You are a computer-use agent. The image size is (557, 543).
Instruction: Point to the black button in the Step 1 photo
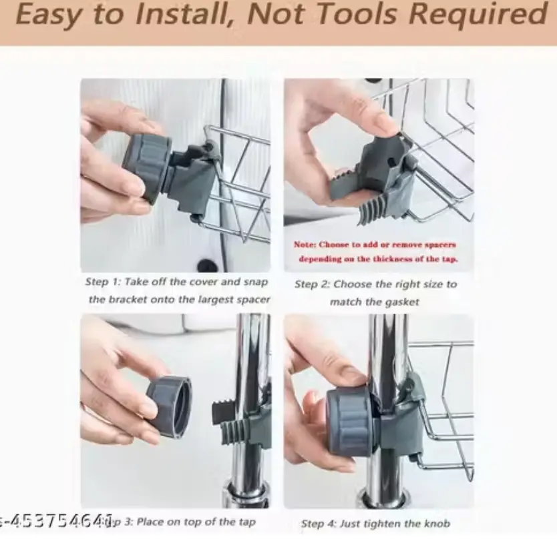pyautogui.click(x=208, y=265)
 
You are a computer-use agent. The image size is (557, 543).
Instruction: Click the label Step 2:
pyautogui.click(x=313, y=284)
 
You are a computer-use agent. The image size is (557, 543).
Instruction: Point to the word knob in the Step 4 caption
pyautogui.click(x=437, y=524)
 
